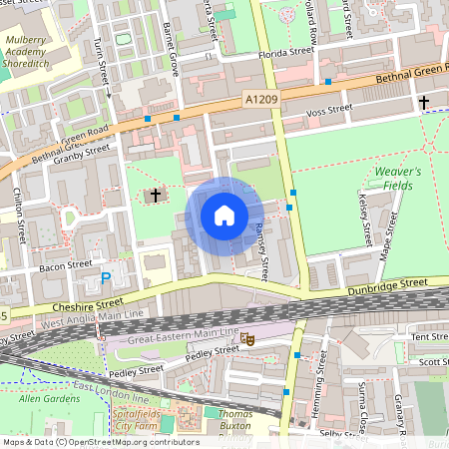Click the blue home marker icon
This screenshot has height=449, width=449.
(224, 216)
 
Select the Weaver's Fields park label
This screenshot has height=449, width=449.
(398, 179)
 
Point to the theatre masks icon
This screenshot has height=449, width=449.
(248, 340)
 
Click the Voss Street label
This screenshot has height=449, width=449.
(329, 109)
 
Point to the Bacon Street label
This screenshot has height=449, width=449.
(66, 266)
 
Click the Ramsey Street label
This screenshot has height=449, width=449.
(261, 250)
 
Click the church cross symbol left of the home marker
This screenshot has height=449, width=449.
(156, 195)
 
